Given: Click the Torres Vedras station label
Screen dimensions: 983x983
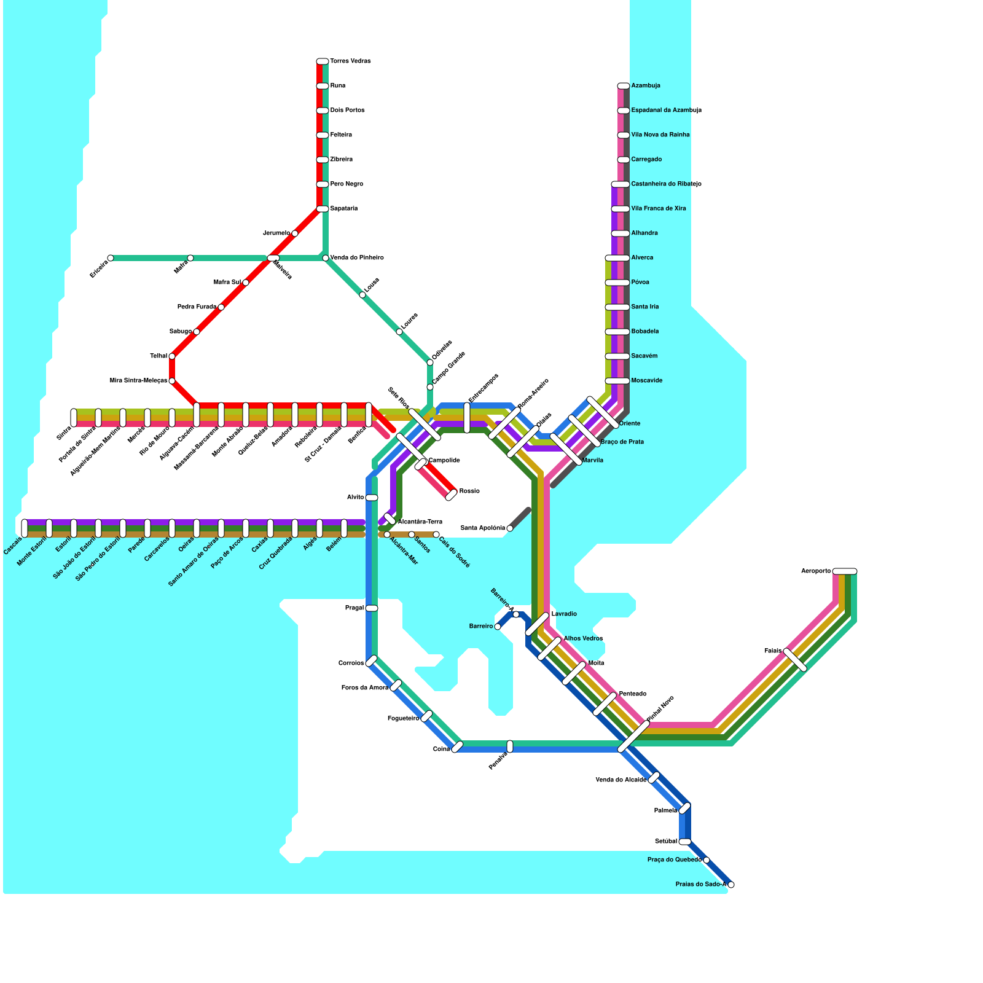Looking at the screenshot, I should (350, 61).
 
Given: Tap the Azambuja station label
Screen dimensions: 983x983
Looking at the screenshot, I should (646, 86).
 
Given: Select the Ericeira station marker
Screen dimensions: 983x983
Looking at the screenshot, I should (111, 258).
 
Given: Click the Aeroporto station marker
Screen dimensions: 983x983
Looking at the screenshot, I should (845, 571).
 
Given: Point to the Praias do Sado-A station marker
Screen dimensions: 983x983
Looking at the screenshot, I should (730, 885).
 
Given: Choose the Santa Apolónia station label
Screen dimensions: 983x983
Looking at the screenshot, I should (482, 528).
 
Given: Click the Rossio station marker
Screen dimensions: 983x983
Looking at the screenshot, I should (451, 495).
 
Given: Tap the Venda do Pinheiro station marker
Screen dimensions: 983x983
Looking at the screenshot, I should (326, 258).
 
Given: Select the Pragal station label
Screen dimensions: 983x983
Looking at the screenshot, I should (354, 608).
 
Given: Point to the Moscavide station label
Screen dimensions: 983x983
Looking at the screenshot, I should (646, 381).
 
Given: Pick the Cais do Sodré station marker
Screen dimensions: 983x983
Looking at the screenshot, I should (436, 535).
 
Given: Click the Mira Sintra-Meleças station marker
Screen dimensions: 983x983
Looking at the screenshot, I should (172, 381).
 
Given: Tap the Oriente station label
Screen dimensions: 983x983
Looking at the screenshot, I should (630, 424).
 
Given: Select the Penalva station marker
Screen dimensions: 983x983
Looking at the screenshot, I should (510, 746).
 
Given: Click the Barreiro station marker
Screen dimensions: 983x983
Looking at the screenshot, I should (498, 627).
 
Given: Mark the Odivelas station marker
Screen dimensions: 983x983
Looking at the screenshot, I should (430, 362).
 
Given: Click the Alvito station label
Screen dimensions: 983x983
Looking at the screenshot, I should (355, 498).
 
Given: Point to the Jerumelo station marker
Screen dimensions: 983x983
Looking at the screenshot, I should (295, 233).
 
